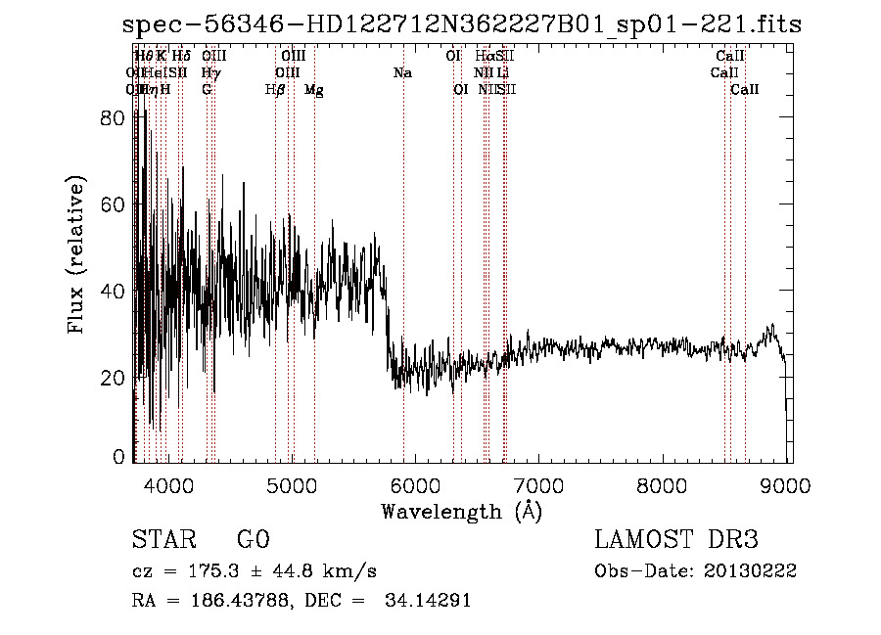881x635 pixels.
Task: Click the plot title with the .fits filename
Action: [x=462, y=25]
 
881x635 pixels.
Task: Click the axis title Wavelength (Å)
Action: [x=461, y=511]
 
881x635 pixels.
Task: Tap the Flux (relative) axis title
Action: [x=76, y=254]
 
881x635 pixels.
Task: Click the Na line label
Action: [x=402, y=73]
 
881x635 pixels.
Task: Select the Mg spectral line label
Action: [x=314, y=90]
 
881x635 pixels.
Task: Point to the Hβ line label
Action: [x=275, y=90]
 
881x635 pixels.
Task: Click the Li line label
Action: [x=501, y=73]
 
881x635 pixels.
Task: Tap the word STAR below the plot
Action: [x=161, y=540]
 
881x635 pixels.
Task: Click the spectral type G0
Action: [x=253, y=540]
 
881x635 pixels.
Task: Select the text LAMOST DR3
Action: [x=676, y=540]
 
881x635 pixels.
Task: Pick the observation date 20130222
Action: [x=752, y=570]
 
